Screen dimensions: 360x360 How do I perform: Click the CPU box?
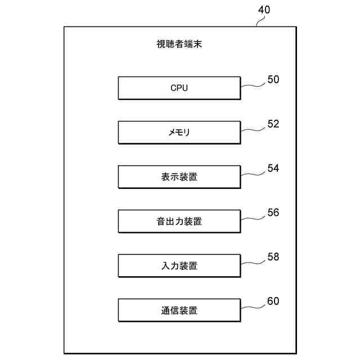click(x=179, y=88)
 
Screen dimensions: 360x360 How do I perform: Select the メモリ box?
click(x=179, y=133)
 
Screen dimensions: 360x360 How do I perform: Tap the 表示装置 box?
click(x=179, y=177)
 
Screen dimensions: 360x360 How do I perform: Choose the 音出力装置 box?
click(x=179, y=222)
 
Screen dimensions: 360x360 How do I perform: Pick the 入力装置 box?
click(x=179, y=265)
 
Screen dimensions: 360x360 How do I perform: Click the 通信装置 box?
click(x=179, y=310)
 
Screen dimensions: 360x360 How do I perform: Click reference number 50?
click(x=273, y=80)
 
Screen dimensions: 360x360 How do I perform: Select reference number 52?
click(x=273, y=124)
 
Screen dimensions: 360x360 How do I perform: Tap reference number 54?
click(x=273, y=169)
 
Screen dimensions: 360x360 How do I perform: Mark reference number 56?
click(x=273, y=213)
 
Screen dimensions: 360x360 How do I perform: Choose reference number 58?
click(x=273, y=257)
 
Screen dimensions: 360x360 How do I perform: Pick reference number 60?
click(x=273, y=301)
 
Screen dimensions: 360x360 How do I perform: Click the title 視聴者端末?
click(x=179, y=44)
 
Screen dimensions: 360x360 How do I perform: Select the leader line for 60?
click(x=253, y=307)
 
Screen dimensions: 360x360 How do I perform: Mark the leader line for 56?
click(x=253, y=218)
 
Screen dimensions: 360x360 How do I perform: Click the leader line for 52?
click(x=253, y=130)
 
